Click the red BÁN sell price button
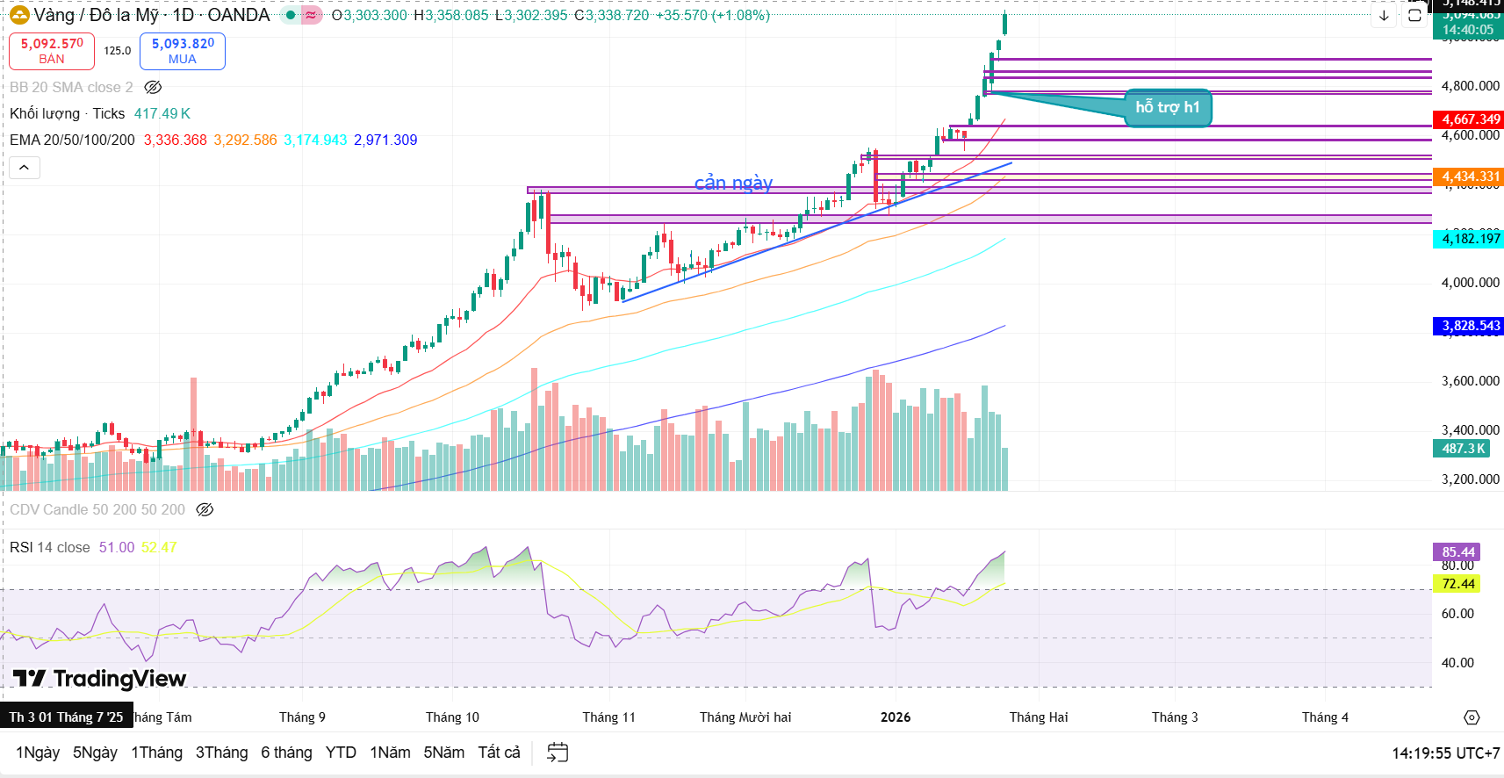click(52, 51)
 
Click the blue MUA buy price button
click(183, 51)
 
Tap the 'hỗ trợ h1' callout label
click(1167, 107)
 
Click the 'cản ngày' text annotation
click(733, 183)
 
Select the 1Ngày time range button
click(38, 753)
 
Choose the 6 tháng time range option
click(286, 753)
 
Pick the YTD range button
click(341, 753)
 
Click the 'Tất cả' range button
click(499, 753)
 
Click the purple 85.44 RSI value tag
click(1457, 552)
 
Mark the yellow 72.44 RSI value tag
click(1457, 584)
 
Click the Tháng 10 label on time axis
click(452, 717)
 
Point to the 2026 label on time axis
click(896, 717)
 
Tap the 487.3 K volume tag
click(1463, 449)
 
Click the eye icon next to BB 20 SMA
click(153, 87)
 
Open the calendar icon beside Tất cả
click(558, 753)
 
